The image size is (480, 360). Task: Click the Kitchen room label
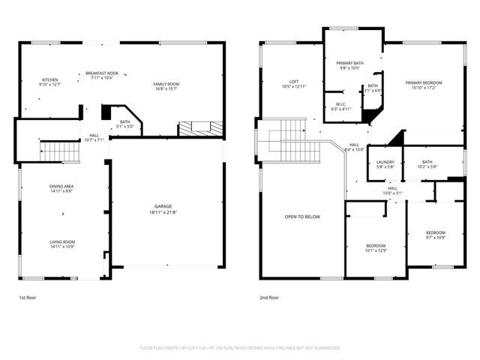pos(49,82)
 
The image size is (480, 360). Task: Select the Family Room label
pos(166,86)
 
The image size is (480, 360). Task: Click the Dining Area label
pos(61,188)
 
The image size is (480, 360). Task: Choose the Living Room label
pos(61,244)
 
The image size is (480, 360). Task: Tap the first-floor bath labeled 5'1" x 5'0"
pos(124,124)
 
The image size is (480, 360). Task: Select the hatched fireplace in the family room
pos(200,129)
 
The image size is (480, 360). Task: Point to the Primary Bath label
pos(349,65)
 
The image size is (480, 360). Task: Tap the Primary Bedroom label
pos(424,85)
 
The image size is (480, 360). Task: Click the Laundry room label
pos(385,164)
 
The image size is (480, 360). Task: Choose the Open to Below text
pos(302,217)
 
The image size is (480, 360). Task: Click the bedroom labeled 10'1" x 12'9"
pos(376,248)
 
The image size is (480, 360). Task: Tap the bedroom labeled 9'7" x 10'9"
pos(436,235)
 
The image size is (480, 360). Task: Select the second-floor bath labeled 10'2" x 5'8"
pos(427,164)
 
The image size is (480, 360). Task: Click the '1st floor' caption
pos(27,298)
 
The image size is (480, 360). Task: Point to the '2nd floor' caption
pos(268,298)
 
